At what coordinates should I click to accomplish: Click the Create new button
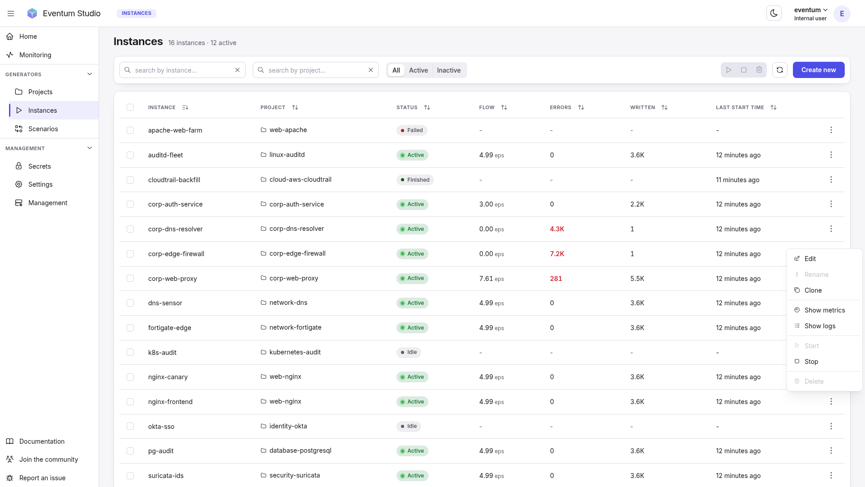(818, 70)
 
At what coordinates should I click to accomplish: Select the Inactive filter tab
(448, 70)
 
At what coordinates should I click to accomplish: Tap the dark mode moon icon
(774, 14)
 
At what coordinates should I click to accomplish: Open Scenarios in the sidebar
(43, 129)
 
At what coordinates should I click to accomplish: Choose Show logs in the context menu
(819, 326)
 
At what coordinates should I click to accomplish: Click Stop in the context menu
(811, 362)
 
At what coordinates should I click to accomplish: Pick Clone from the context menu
(813, 290)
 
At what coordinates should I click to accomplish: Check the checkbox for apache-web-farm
(130, 130)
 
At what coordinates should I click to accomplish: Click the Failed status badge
(412, 130)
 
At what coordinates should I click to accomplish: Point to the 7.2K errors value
(557, 254)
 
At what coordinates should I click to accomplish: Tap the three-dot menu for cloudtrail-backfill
(831, 179)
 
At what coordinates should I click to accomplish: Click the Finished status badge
(415, 180)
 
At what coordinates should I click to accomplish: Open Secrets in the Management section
(40, 166)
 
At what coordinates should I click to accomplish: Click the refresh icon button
(779, 70)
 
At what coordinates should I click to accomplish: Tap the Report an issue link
(42, 478)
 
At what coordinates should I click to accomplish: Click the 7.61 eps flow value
(492, 279)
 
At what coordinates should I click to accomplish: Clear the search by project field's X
(370, 70)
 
